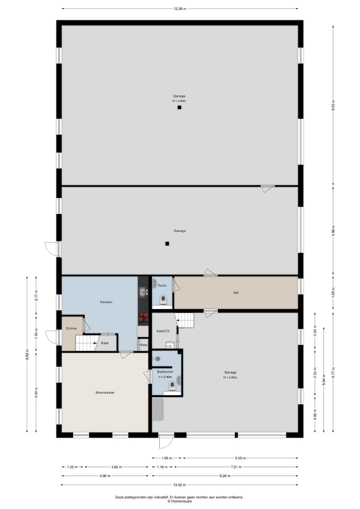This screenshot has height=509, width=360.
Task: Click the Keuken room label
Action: [x=106, y=302]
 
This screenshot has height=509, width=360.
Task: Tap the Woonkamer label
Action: [x=105, y=393]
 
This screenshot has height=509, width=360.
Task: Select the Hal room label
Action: [x=236, y=293]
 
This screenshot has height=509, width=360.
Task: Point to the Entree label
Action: [x=71, y=328]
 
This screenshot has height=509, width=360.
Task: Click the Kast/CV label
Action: [x=163, y=331]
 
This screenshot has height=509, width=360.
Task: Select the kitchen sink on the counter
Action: [x=143, y=292]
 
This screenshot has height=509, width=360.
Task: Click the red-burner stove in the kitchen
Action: [x=143, y=318]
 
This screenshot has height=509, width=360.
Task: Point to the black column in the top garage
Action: [x=179, y=107]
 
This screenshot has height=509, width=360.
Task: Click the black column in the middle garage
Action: [x=167, y=243]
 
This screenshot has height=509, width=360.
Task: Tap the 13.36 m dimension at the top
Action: [x=180, y=9]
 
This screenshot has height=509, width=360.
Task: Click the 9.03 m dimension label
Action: [x=333, y=105]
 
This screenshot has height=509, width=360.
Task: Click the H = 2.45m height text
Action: [x=230, y=378]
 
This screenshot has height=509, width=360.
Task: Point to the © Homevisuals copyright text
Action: [x=179, y=501]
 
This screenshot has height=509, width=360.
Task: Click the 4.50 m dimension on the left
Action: [x=36, y=392]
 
